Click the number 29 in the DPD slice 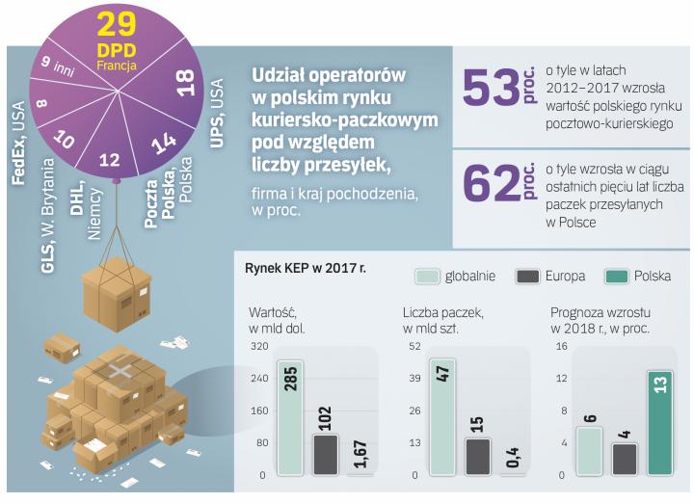pyautogui.click(x=117, y=23)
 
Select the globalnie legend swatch pyautogui.click(x=426, y=276)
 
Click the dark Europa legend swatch pyautogui.click(x=527, y=276)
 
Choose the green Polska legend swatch pyautogui.click(x=616, y=276)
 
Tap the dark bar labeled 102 pyautogui.click(x=326, y=454)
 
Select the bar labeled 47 pyautogui.click(x=442, y=417)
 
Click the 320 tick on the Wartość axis pyautogui.click(x=258, y=345)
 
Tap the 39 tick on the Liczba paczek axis pyautogui.click(x=414, y=378)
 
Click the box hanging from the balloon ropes pyautogui.click(x=116, y=285)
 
